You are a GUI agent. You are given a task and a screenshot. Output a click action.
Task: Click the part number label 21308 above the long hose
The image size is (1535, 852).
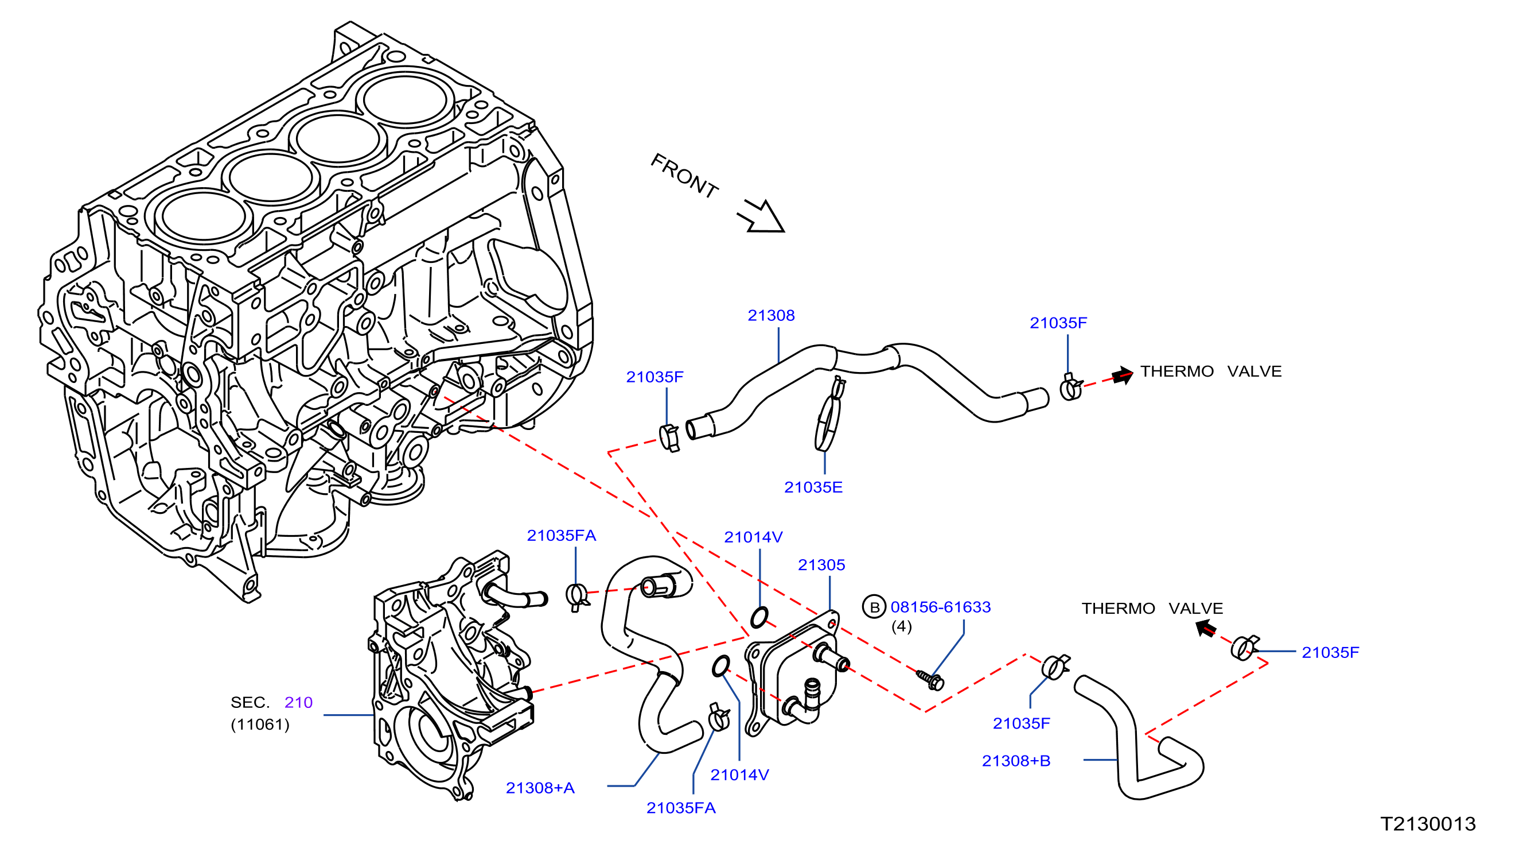[x=771, y=315]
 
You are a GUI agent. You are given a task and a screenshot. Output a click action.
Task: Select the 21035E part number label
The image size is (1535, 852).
[x=813, y=487]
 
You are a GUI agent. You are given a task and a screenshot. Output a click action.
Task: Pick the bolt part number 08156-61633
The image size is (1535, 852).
[x=940, y=607]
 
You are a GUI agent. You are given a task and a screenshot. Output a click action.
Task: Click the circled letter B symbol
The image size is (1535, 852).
[x=874, y=607]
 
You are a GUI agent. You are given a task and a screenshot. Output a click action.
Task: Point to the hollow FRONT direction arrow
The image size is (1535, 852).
[x=761, y=216]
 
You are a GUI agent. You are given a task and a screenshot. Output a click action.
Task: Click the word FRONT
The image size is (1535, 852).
[x=684, y=176]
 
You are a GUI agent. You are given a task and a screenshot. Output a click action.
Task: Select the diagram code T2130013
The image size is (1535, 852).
[x=1428, y=824]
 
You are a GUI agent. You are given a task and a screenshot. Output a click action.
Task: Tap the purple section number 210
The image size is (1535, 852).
[x=298, y=702]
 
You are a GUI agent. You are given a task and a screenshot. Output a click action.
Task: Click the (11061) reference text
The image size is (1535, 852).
[x=260, y=725]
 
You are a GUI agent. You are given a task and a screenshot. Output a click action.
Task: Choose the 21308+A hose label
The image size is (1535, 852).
[x=540, y=788]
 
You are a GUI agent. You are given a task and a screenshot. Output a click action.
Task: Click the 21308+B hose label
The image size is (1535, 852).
[x=1016, y=761]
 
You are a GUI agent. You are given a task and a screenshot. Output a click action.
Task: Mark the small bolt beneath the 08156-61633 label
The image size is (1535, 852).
[x=930, y=680]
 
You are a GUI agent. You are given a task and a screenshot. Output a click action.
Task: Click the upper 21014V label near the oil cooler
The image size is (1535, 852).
[x=753, y=537]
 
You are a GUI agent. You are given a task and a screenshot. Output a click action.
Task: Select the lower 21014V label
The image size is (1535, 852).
[x=739, y=775]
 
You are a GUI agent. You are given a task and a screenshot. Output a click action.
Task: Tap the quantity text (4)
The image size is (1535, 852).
[x=902, y=626]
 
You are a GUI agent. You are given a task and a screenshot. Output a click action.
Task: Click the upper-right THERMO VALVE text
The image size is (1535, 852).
[x=1211, y=371]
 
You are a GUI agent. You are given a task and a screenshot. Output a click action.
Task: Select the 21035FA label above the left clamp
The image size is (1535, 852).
[x=562, y=536]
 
